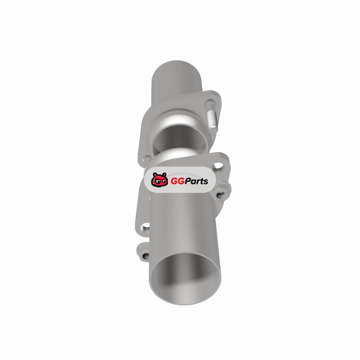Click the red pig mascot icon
click(159, 180)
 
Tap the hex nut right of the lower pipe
click(221, 194)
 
